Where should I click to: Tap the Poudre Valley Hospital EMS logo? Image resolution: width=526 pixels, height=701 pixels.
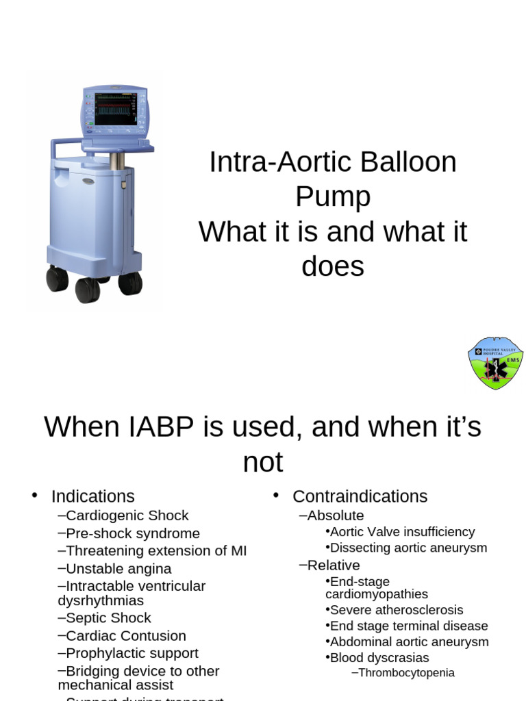tap(495, 363)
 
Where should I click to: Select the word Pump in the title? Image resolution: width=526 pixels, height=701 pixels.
tap(333, 197)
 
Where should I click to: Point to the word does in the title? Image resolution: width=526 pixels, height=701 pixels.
tap(333, 266)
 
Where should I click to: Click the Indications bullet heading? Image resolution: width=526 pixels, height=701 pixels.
tap(92, 496)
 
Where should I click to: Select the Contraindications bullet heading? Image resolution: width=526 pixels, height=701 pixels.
tap(360, 496)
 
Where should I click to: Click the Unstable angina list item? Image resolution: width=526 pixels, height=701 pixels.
tap(118, 569)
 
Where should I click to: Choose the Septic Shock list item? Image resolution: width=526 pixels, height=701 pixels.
tap(108, 618)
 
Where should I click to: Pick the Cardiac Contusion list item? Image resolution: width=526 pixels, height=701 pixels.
tap(125, 636)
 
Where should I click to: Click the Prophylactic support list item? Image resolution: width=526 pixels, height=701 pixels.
tap(131, 654)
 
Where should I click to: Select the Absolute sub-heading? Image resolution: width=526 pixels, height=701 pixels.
tap(335, 515)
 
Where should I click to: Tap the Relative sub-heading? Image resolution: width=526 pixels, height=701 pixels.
tap(333, 565)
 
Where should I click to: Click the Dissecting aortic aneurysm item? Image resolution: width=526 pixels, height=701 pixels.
tap(408, 548)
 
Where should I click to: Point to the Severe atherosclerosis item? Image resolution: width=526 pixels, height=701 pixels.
tap(397, 610)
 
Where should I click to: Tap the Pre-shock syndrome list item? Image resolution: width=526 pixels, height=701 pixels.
tap(133, 533)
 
